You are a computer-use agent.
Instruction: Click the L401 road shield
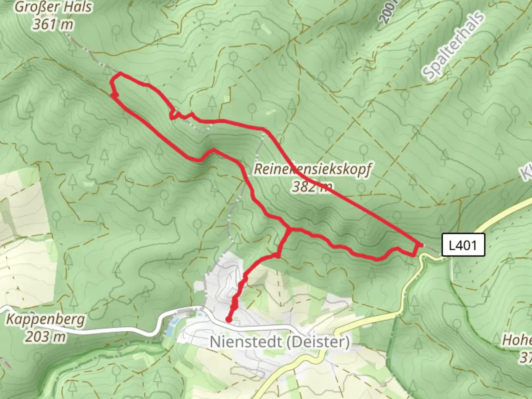coord(463,245)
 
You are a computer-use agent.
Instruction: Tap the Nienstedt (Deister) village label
coord(280,342)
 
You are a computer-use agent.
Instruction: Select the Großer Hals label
coord(54,7)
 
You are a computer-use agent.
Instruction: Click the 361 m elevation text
coord(53,24)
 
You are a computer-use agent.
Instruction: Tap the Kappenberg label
coord(45,320)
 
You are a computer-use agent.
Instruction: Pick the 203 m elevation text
coord(46,337)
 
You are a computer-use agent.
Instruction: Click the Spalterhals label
coord(453,46)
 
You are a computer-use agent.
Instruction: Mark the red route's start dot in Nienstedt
coord(229,320)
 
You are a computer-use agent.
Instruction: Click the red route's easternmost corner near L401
coord(421,245)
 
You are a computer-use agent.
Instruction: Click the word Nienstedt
coord(245,342)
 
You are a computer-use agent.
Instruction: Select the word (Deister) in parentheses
coord(316,342)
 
